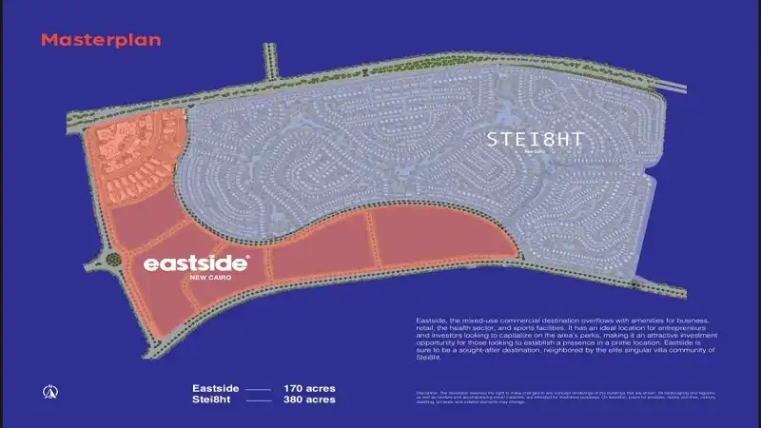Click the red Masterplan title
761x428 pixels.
point(101,40)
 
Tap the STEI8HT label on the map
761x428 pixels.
point(534,139)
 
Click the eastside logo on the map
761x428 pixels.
point(195,262)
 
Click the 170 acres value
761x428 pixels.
point(309,389)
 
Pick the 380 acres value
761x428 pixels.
point(309,401)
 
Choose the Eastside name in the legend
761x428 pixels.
point(213,389)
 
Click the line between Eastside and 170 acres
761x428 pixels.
point(258,390)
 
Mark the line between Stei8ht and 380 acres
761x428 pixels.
point(258,402)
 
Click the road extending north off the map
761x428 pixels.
point(268,65)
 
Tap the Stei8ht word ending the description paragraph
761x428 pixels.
point(429,357)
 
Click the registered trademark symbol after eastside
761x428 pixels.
point(248,257)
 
